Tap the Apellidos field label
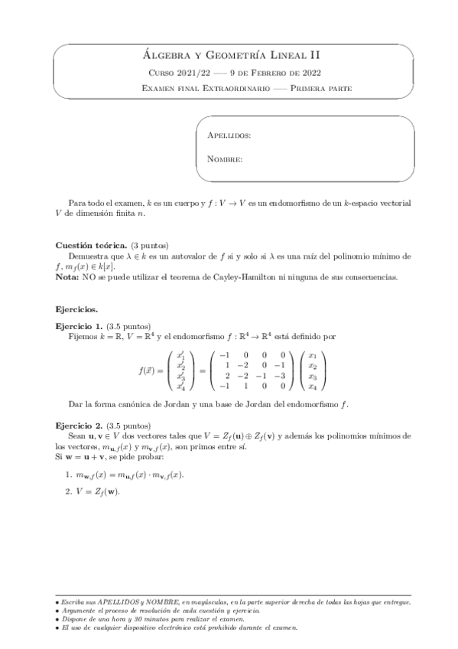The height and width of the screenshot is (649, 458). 229,135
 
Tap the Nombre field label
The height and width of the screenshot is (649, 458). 225,160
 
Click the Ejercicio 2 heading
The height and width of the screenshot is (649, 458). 80,425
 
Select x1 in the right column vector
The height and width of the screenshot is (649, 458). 312,355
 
